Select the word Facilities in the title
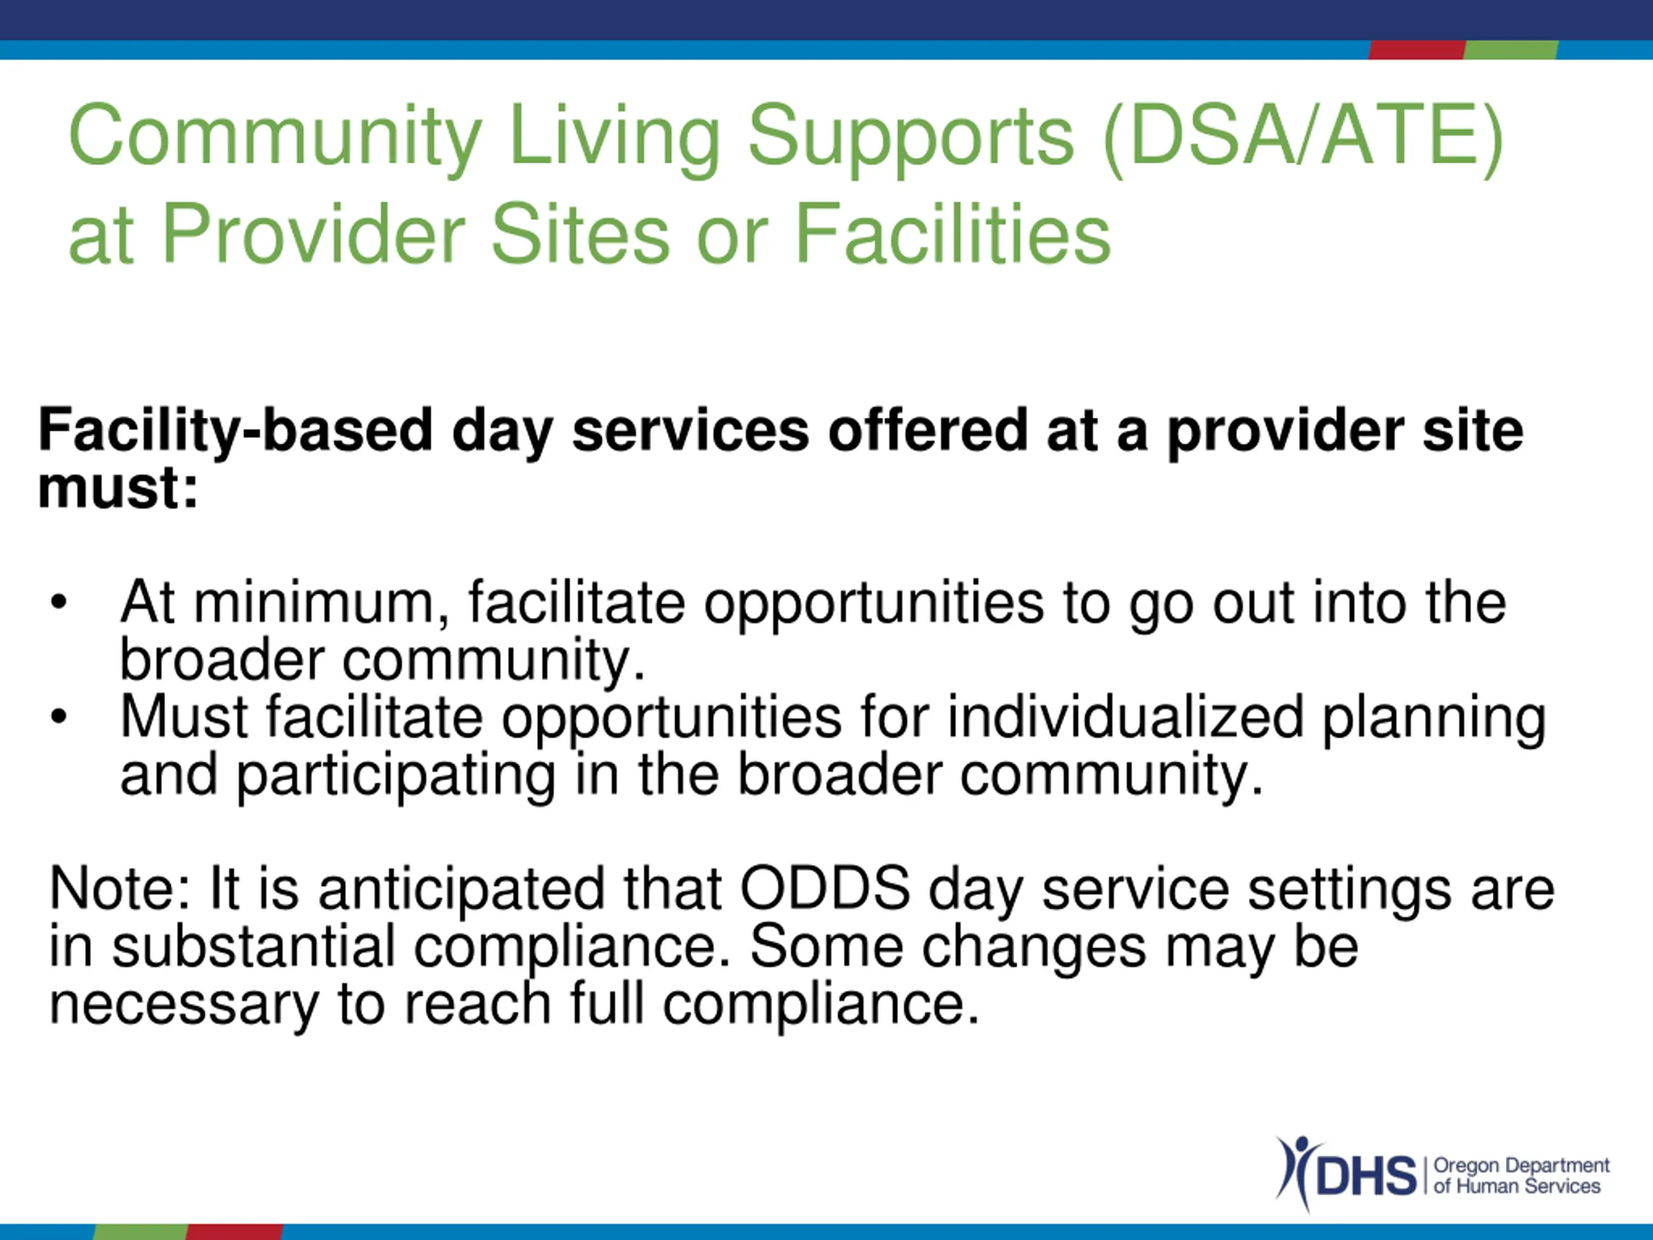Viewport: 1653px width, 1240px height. [x=953, y=234]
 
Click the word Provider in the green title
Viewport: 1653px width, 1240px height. [x=314, y=234]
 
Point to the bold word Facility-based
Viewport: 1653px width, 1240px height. [x=236, y=431]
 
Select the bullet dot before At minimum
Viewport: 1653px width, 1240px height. [x=58, y=603]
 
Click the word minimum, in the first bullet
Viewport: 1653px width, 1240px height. [x=322, y=602]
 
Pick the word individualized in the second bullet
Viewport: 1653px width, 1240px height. [x=1126, y=717]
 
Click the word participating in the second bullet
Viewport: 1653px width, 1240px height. [x=396, y=776]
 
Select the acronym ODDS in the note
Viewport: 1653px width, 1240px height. [x=825, y=889]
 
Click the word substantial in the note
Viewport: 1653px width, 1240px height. [x=253, y=946]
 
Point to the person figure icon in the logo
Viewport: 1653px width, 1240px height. [x=1291, y=1172]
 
